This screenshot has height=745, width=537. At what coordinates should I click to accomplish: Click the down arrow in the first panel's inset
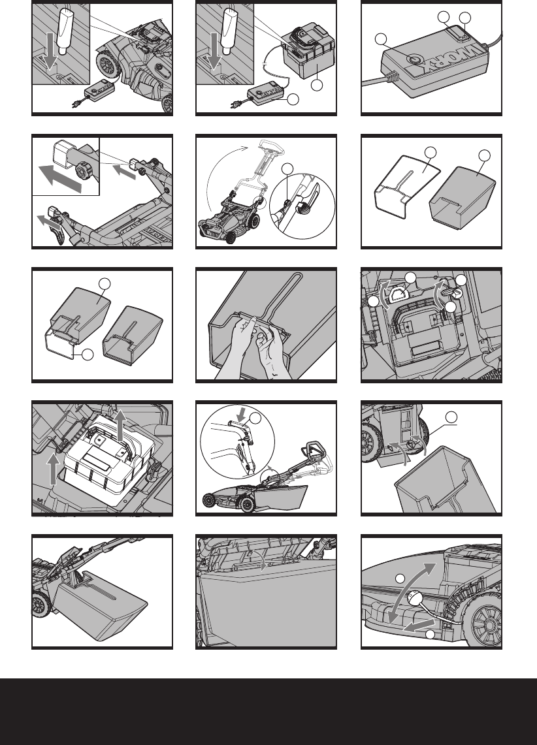[x=50, y=52]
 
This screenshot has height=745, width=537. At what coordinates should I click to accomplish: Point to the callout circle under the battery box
[x=317, y=85]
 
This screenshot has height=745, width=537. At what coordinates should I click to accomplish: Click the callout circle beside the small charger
[x=293, y=99]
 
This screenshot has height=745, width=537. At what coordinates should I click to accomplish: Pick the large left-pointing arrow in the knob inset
[x=60, y=178]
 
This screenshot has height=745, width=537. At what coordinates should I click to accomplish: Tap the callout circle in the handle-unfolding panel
[x=287, y=169]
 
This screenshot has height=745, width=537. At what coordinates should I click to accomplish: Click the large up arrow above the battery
[x=121, y=425]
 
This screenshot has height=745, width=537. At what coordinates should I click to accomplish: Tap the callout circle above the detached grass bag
[x=451, y=417]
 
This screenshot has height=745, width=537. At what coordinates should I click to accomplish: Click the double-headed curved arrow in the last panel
[x=411, y=592]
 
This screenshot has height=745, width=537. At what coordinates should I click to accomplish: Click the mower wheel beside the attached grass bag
[x=42, y=605]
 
